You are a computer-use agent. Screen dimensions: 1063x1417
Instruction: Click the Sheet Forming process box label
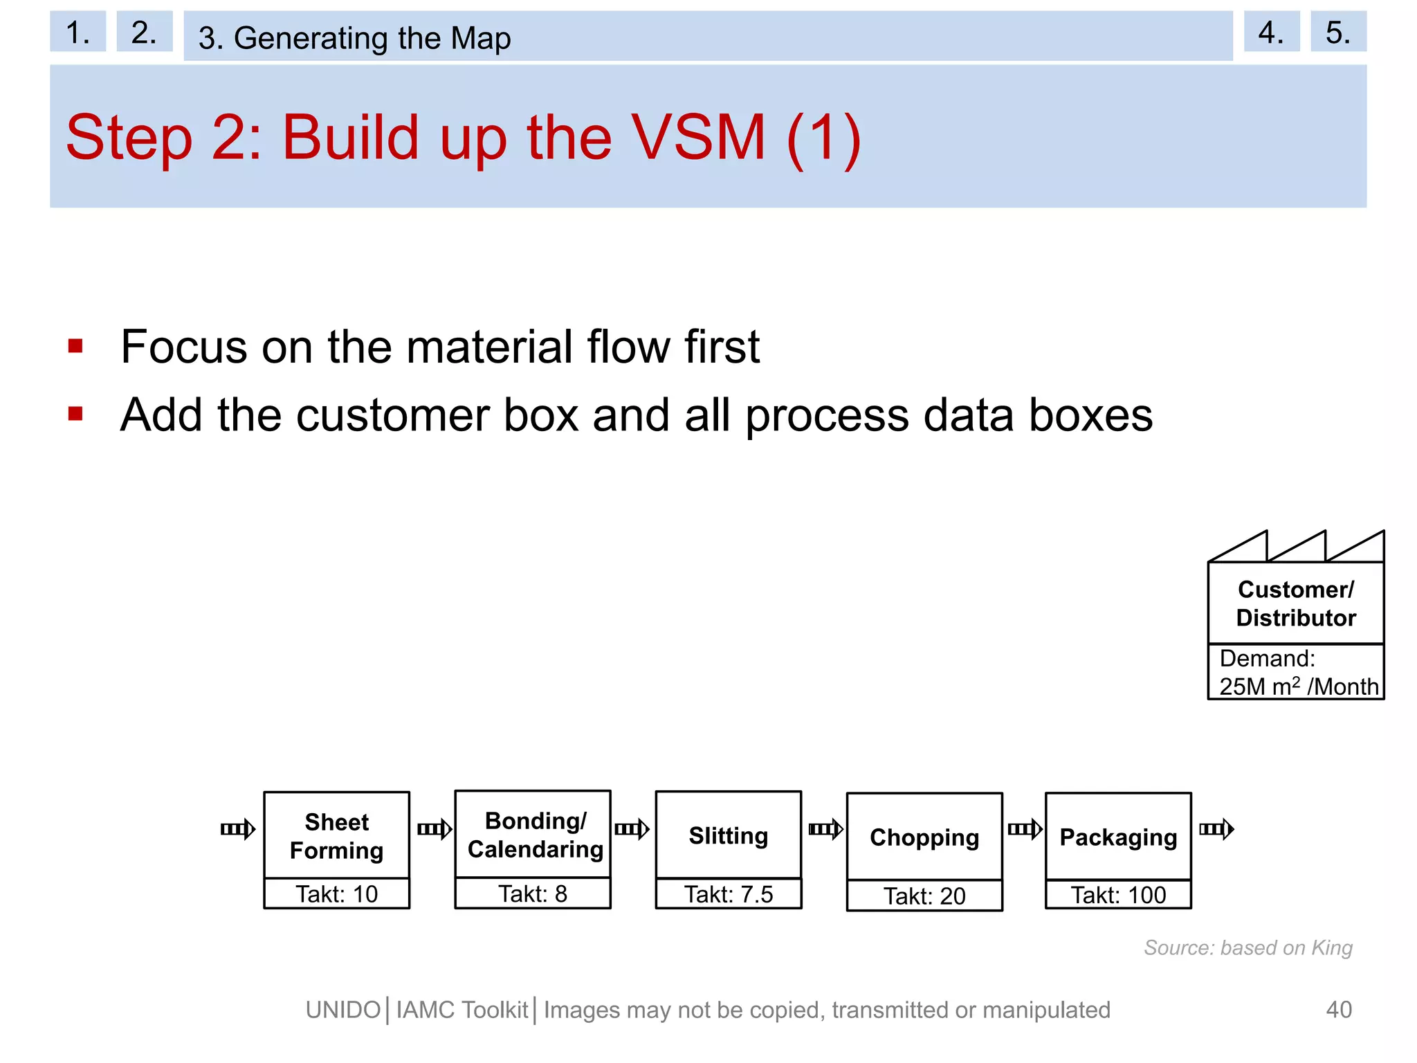tap(336, 836)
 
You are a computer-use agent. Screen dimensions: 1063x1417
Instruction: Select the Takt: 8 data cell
tap(533, 893)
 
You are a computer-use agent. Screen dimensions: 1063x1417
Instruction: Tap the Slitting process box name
tap(728, 836)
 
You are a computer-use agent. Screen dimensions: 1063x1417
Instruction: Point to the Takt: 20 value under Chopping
tap(924, 896)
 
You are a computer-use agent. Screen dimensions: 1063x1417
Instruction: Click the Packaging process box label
tap(1118, 837)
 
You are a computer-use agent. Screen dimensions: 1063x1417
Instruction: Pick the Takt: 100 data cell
tap(1118, 895)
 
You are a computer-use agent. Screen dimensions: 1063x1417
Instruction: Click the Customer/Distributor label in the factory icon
tap(1295, 603)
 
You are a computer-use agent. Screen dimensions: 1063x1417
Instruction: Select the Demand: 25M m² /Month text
tap(1297, 672)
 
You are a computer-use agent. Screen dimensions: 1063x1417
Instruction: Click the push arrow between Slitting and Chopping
tap(825, 829)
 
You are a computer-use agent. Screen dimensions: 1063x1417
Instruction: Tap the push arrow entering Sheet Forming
tap(238, 829)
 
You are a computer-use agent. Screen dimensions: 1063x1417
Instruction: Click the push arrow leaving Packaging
tap(1216, 829)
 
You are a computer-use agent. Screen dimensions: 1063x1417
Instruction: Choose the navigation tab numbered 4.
tap(1271, 33)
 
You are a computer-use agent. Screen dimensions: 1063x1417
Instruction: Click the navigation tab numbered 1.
tap(77, 33)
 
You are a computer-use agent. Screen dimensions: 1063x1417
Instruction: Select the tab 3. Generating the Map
tap(354, 37)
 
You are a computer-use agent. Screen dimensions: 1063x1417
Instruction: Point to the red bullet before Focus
tap(75, 346)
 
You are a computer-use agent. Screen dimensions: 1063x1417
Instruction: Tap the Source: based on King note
tap(1247, 947)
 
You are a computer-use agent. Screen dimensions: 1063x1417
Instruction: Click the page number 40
tap(1338, 1010)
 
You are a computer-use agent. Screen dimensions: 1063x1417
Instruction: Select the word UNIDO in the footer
tap(343, 1010)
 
